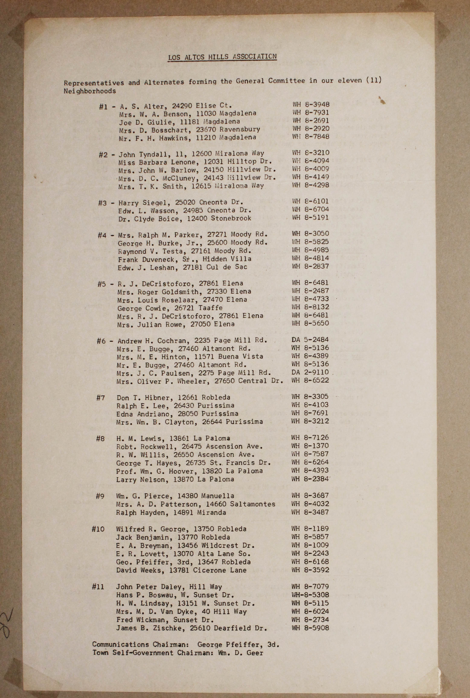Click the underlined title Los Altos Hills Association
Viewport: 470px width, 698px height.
[x=222, y=57]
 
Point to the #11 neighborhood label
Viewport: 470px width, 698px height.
[x=98, y=587]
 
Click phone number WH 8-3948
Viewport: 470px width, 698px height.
[x=311, y=104]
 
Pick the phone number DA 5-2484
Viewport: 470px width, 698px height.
[x=310, y=339]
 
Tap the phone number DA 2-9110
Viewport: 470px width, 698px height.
[x=310, y=372]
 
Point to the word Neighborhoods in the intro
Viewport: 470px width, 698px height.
[x=90, y=91]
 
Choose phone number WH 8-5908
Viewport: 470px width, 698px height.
[x=310, y=628]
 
